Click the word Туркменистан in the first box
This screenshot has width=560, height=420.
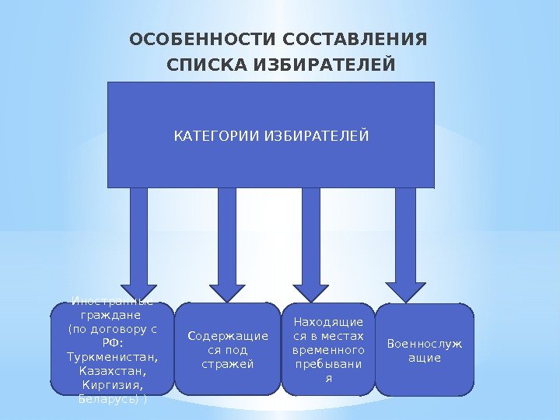coord(113,357)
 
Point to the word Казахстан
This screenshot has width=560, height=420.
coord(112,371)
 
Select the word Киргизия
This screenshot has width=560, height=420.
coord(112,385)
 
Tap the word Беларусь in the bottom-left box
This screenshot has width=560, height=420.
coord(108,399)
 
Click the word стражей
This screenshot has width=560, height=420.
coord(227,364)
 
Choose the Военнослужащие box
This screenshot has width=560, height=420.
coord(425,350)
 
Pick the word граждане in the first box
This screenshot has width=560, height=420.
coord(112,315)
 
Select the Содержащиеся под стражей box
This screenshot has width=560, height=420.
coord(227,350)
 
